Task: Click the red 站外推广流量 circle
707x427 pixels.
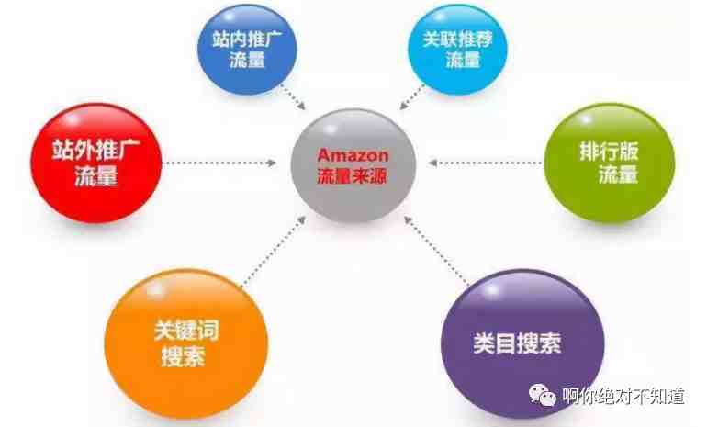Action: coord(96,163)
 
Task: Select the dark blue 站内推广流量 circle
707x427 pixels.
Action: coord(247,50)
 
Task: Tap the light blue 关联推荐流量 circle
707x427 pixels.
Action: coord(457,50)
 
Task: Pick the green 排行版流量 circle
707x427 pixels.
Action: coord(610,163)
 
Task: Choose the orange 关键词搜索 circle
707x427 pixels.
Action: coord(186,344)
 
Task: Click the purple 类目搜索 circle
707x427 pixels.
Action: coord(523,344)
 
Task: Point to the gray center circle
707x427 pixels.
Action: coord(353,165)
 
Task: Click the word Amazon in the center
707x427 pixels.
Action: coord(353,155)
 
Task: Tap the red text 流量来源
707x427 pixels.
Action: coord(352,176)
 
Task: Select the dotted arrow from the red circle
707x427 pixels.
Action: coord(219,163)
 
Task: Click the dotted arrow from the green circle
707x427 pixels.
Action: coord(485,163)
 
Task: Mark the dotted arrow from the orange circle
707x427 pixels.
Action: coord(275,251)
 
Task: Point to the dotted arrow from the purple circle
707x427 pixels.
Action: coord(435,251)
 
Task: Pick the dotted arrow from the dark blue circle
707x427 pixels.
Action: coord(293,97)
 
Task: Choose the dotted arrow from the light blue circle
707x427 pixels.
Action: coord(412,97)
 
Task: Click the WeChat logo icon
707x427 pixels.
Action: coord(543,395)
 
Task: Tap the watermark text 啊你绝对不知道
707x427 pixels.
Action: coord(623,396)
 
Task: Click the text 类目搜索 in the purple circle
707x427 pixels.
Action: coord(517,343)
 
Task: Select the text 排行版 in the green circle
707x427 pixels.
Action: coord(609,152)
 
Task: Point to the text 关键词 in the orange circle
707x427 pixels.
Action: coord(186,331)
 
